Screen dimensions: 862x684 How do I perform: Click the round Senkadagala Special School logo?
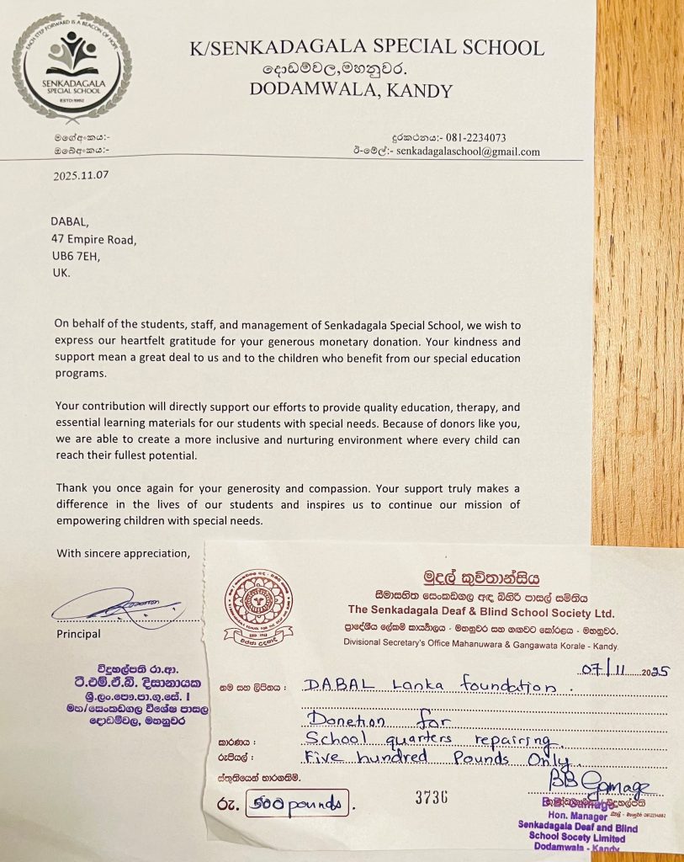[72, 68]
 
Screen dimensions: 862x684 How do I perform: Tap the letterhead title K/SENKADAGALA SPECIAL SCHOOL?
[367, 47]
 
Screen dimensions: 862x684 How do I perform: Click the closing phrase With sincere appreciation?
[123, 553]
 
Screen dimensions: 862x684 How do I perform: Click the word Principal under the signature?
[78, 633]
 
